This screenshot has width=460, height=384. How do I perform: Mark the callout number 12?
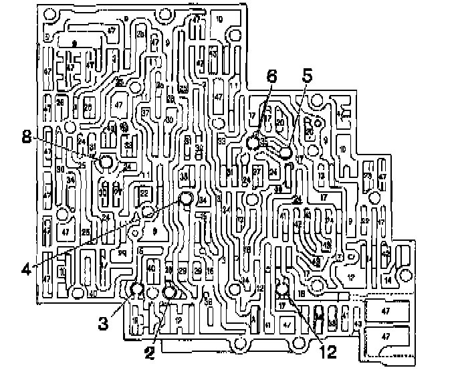click(329, 348)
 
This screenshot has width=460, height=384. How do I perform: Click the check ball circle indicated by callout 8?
click(105, 163)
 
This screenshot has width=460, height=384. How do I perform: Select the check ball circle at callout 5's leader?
click(286, 153)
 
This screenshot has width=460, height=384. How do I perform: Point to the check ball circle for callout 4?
click(187, 197)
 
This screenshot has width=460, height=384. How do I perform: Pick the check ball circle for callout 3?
click(136, 289)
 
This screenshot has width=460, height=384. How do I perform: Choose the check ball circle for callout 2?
click(168, 292)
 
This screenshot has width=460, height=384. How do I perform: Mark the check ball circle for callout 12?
click(282, 289)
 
